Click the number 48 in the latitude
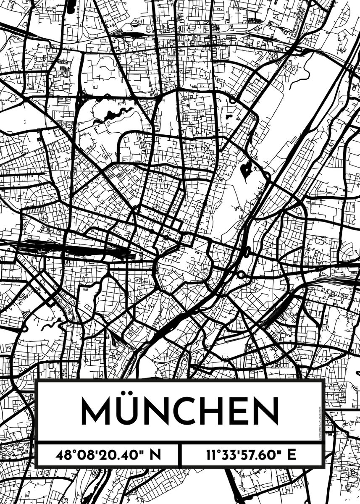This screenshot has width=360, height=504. tap(62, 454)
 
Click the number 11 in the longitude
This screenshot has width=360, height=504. tap(209, 454)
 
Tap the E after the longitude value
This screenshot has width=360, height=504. tap(292, 454)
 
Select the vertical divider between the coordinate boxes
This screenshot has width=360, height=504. tap(181, 454)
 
